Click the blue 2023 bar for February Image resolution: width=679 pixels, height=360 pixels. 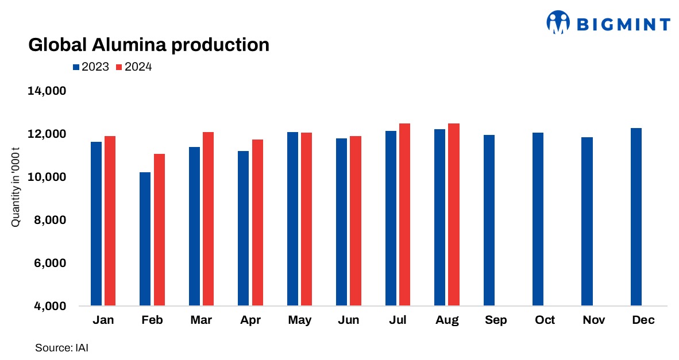click(145, 239)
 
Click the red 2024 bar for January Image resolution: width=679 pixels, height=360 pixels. click(110, 220)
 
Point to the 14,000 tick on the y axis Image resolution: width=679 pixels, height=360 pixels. click(47, 91)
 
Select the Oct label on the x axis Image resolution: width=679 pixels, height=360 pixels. click(545, 320)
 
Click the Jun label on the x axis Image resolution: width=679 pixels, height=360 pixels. click(349, 320)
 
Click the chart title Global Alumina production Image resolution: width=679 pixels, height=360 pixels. click(149, 45)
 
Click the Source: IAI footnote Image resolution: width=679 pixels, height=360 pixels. click(61, 348)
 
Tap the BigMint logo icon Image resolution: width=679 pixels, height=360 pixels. click(557, 23)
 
